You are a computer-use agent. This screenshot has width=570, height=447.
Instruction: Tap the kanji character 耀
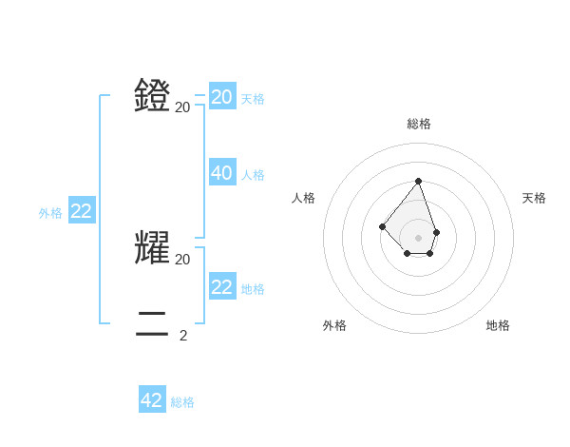pos(152,246)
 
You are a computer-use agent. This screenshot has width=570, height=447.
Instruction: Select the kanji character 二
pos(152,323)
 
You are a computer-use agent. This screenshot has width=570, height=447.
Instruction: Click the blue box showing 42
pos(152,400)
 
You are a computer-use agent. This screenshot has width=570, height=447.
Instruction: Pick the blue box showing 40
pos(222,173)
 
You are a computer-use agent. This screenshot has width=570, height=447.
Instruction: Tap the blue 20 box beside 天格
pos(222,97)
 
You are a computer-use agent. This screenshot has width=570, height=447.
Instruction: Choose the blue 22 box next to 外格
pos(82,211)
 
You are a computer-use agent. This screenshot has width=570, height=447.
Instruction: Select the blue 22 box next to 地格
pos(222,287)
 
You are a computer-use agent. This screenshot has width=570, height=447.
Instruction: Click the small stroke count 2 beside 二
pos(183,335)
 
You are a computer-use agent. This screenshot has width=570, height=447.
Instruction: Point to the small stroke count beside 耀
pos(183,259)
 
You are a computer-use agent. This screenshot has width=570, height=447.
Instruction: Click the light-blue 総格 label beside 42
pos(182,402)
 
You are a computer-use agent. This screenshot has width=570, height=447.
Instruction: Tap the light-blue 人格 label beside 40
pos(253,175)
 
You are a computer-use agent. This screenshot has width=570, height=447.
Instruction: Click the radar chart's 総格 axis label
pos(419,124)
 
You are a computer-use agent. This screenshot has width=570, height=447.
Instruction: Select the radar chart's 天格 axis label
pos(534,198)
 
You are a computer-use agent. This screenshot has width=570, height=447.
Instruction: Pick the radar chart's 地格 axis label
pos(498,325)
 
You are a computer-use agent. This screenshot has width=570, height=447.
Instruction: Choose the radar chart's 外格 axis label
pos(334,325)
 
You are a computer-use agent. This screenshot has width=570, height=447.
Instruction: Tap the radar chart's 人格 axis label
pos(303,198)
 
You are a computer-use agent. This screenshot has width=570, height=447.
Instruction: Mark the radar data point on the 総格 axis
pos(418,180)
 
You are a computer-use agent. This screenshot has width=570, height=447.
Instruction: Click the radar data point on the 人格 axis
pos(382,226)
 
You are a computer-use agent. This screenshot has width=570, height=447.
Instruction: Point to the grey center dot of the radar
pos(418,238)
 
